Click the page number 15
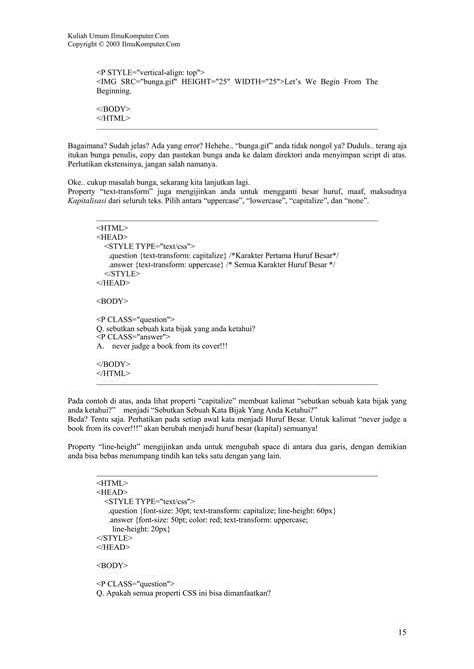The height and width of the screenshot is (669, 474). coord(400,632)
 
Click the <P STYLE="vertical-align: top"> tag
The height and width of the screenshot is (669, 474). coord(151,73)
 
